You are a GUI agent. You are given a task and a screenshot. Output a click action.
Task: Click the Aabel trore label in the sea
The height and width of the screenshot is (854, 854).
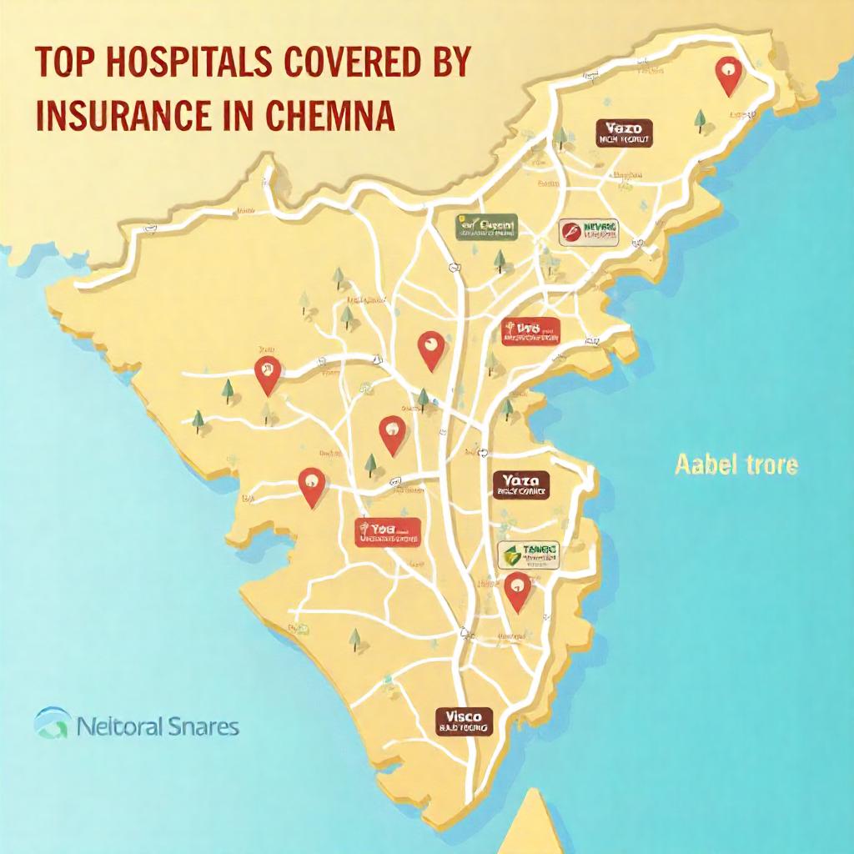pyautogui.click(x=736, y=465)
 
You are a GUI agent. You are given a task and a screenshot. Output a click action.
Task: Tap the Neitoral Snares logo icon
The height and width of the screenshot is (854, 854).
pyautogui.click(x=51, y=723)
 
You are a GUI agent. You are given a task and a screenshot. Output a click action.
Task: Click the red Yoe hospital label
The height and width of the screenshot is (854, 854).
pyautogui.click(x=388, y=532)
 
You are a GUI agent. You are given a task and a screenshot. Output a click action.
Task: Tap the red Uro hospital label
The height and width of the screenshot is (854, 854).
pyautogui.click(x=530, y=332)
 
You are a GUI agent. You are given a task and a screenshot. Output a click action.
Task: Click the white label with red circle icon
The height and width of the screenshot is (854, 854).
pyautogui.click(x=590, y=231)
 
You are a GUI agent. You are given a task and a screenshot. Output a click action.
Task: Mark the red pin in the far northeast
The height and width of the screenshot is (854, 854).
pyautogui.click(x=729, y=76)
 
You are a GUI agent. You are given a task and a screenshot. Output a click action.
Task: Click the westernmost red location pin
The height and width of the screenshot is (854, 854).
pyautogui.click(x=267, y=374)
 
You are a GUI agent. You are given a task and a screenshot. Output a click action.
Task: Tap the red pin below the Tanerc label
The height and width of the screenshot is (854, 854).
pyautogui.click(x=518, y=592)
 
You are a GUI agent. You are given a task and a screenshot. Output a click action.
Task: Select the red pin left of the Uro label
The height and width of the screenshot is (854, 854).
pyautogui.click(x=430, y=350)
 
